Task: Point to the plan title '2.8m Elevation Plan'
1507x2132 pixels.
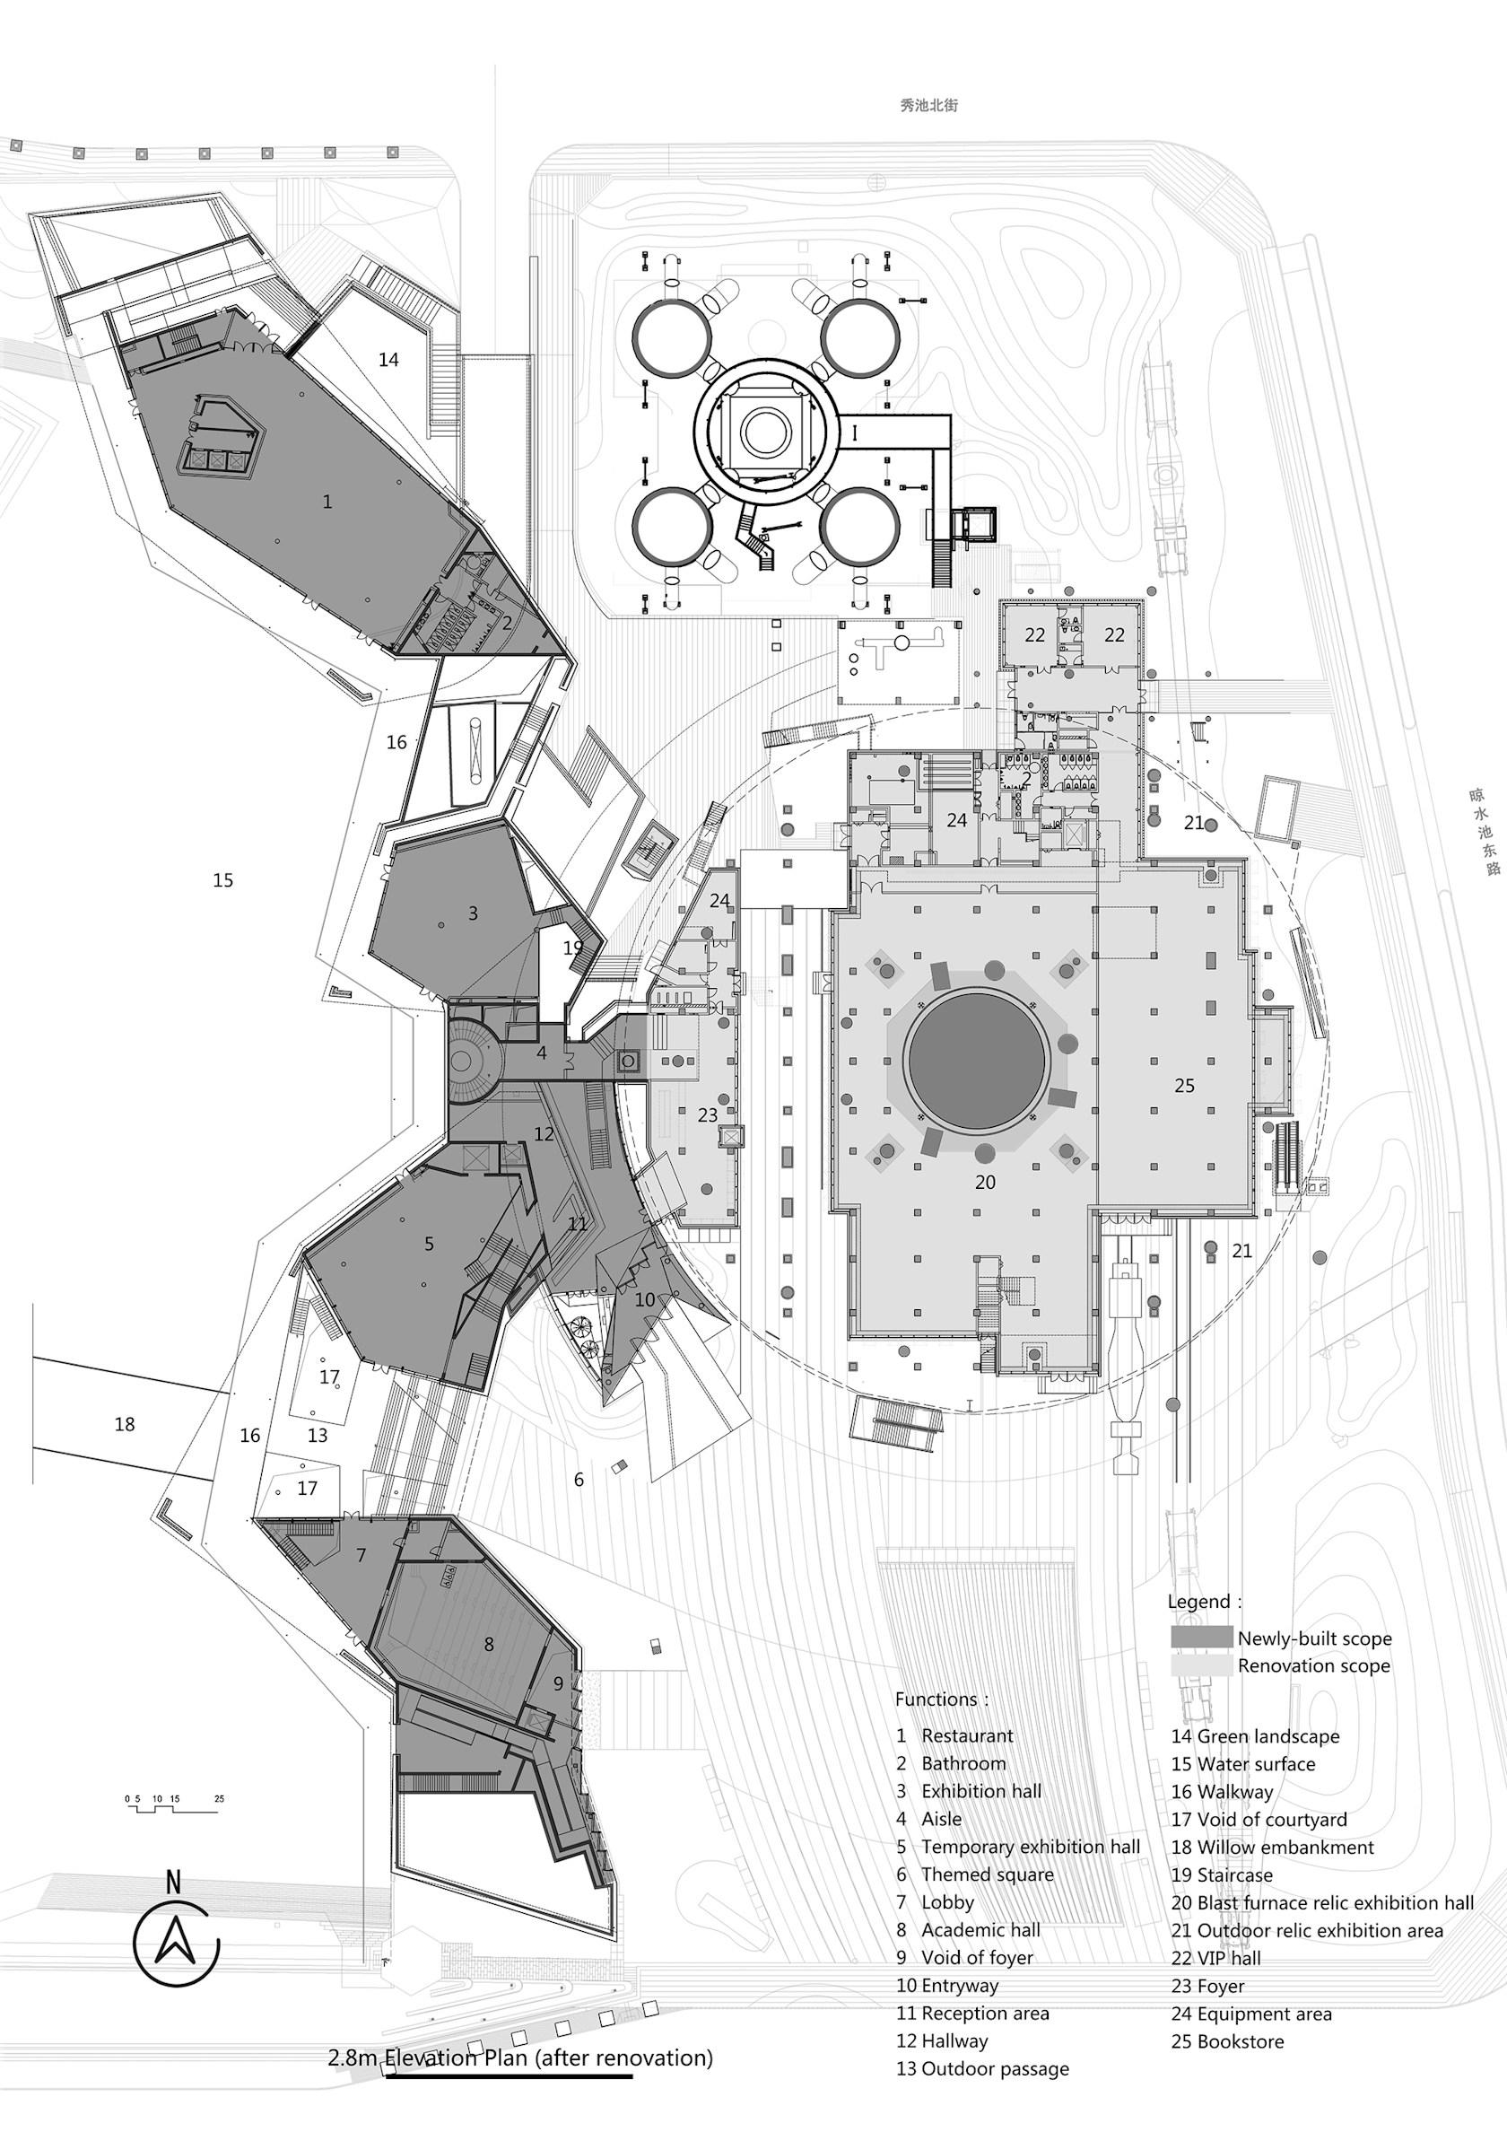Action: (427, 2076)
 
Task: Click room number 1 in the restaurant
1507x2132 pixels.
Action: (327, 502)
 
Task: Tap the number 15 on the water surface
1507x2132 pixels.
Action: (222, 880)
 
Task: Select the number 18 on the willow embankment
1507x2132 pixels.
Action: (125, 1424)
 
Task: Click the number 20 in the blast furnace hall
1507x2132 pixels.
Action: (985, 1182)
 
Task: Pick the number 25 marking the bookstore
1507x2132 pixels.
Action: (1185, 1085)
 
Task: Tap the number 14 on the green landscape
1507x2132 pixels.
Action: (388, 358)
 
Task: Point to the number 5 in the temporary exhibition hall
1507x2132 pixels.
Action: (429, 1244)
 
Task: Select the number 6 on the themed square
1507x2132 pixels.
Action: (579, 1480)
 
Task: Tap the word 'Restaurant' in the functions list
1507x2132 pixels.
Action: (968, 1735)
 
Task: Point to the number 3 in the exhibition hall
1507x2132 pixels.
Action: (473, 913)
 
